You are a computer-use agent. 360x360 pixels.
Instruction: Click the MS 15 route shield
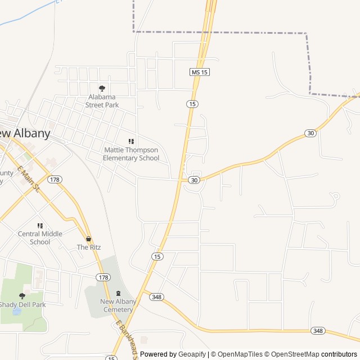tap(200, 73)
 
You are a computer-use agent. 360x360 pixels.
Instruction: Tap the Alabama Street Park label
tap(102, 101)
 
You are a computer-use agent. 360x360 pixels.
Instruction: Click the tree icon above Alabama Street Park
tap(102, 88)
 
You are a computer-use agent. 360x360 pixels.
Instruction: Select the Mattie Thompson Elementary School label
tap(131, 154)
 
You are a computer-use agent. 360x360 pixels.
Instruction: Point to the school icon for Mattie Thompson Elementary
tap(131, 142)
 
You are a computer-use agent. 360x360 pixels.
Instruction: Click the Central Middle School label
tap(40, 238)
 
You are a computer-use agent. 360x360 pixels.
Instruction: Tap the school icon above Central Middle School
tap(40, 226)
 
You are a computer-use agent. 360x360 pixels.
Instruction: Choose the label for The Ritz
tap(88, 247)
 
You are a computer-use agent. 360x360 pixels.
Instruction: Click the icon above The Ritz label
tap(88, 238)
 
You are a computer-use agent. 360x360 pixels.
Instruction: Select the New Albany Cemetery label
tap(118, 305)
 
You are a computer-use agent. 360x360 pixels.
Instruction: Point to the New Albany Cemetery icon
tap(118, 293)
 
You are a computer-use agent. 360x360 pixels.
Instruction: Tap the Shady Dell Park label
tap(22, 305)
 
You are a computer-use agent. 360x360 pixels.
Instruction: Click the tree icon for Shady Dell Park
tap(22, 296)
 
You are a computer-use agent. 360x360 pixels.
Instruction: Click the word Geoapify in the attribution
tap(192, 354)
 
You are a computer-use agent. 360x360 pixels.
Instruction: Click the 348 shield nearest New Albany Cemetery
tap(157, 297)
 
